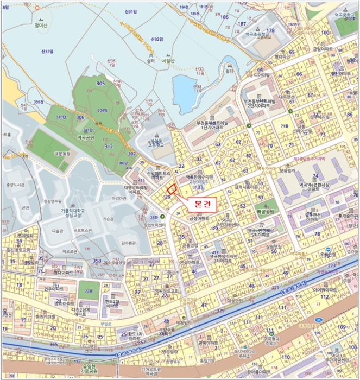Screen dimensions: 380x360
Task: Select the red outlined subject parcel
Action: pyautogui.click(x=172, y=189)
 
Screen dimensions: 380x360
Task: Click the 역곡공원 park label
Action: pyautogui.click(x=87, y=138)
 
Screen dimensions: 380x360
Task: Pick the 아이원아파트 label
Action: pyautogui.click(x=326, y=289)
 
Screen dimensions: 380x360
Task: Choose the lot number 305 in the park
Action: pyautogui.click(x=100, y=84)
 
